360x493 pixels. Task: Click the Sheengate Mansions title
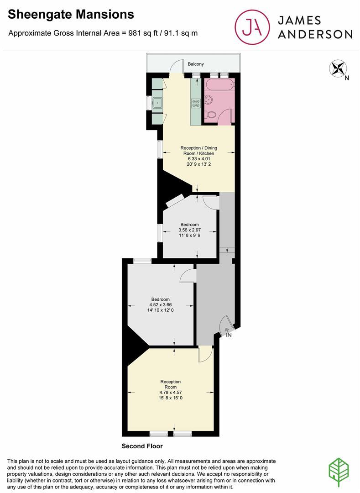pos(71,14)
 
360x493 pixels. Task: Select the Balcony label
pos(196,64)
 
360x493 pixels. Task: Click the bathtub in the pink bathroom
pos(219,84)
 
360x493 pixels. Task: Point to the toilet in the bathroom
pos(211,115)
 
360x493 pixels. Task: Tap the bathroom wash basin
pos(209,99)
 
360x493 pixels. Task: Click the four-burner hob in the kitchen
pos(196,104)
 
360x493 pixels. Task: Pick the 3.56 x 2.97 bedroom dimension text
pos(189,231)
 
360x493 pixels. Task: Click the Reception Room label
pos(171,384)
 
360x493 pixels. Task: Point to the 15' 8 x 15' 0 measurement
pos(171,398)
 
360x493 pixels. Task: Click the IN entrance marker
pos(229,336)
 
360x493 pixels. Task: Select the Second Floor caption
pos(142,446)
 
